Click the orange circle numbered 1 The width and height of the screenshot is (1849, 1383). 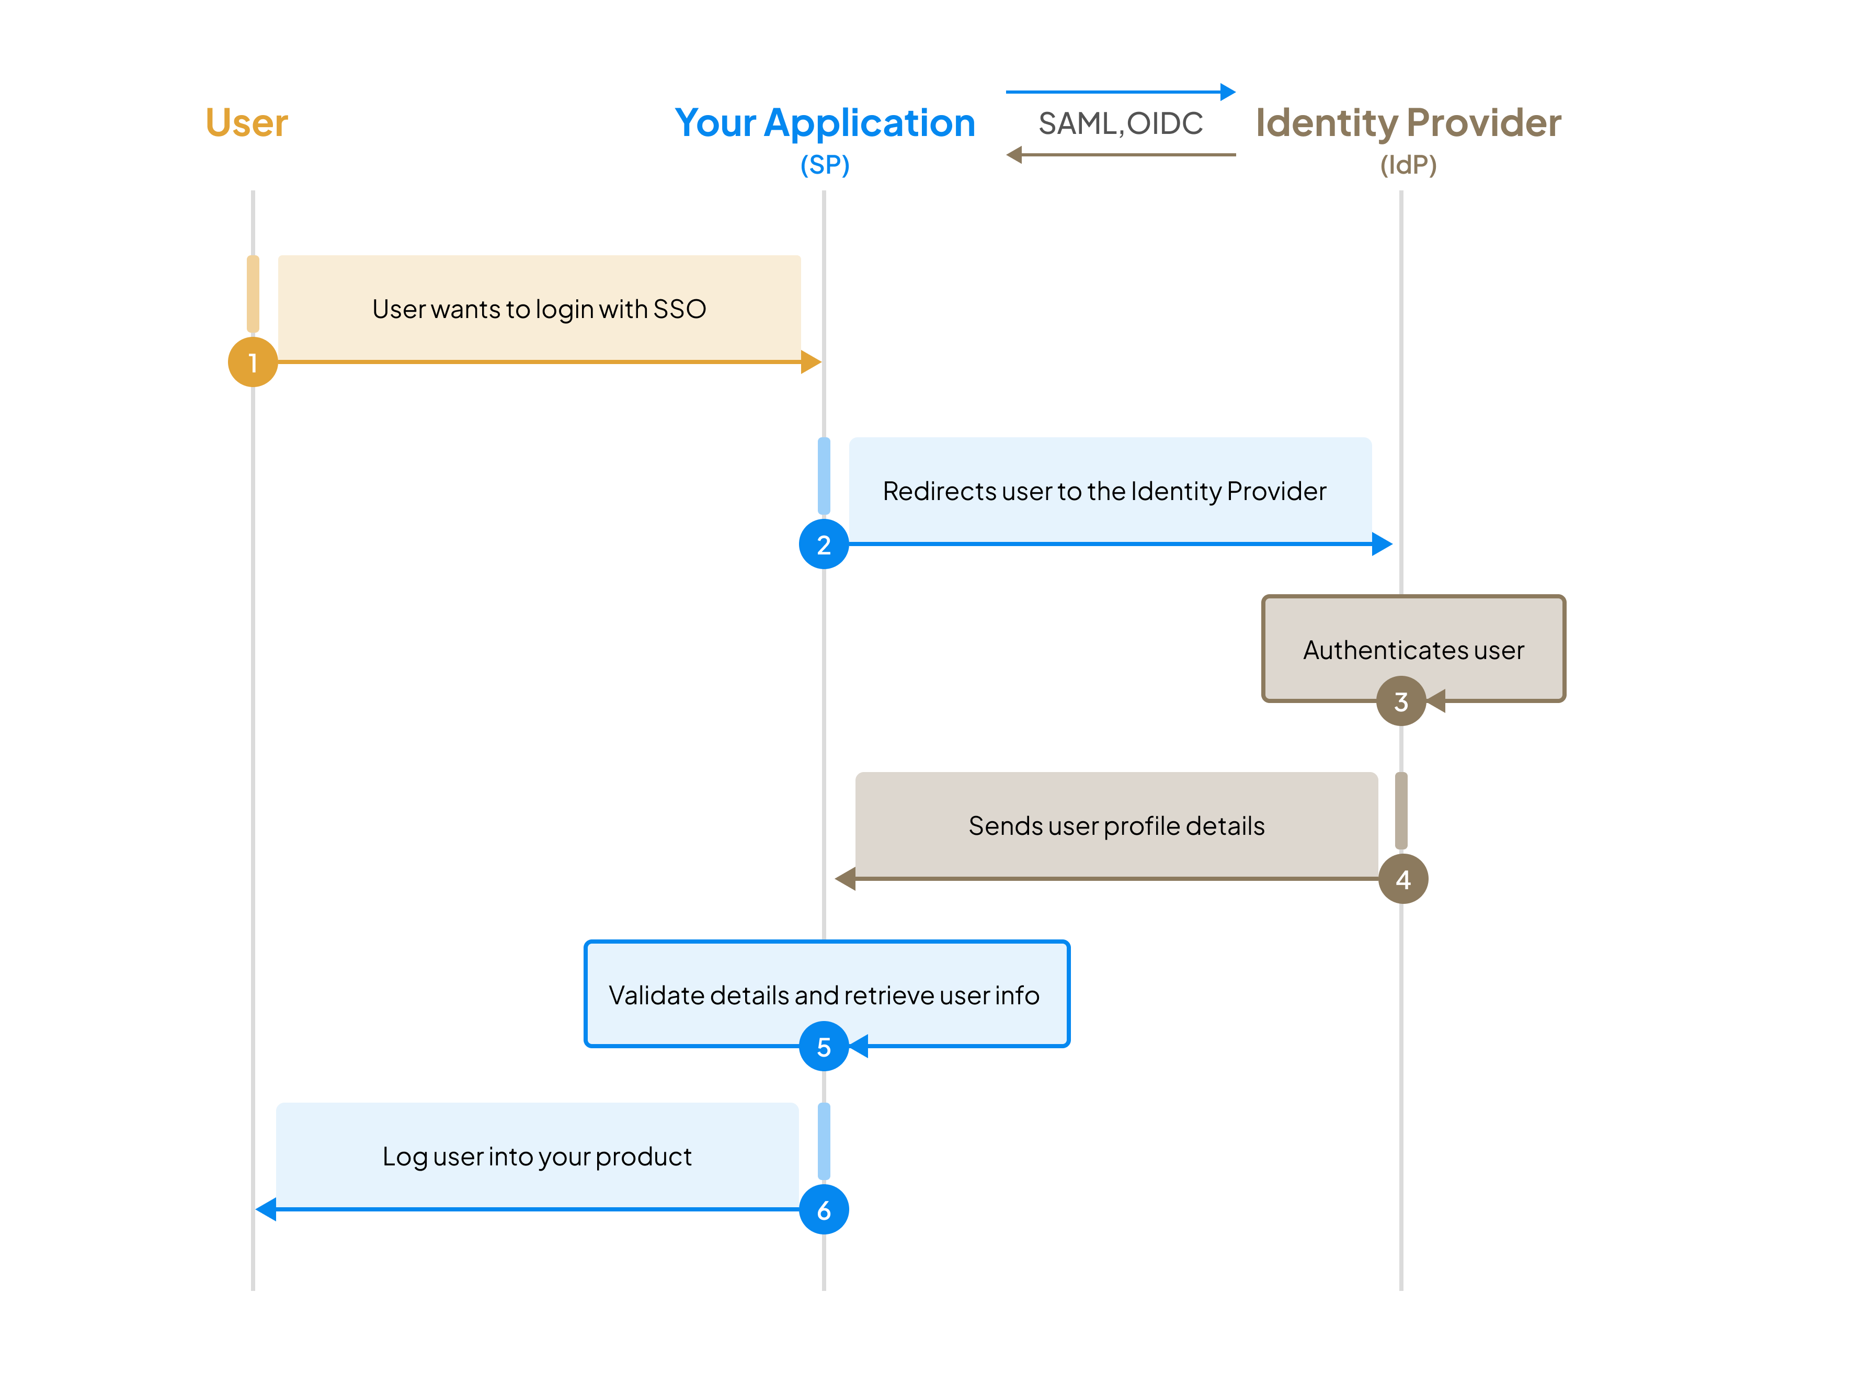coord(253,362)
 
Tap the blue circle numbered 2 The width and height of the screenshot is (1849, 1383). coord(824,545)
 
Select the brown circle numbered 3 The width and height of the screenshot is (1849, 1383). coord(1401,701)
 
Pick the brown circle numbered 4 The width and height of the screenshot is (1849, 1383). coord(1402,879)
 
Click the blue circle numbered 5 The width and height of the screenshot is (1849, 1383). coord(824,1046)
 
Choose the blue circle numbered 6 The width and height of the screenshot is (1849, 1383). coord(824,1209)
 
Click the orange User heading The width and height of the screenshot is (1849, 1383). coord(247,123)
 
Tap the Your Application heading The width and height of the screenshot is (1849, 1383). coord(825,123)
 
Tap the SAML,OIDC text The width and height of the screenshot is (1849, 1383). coord(1120,124)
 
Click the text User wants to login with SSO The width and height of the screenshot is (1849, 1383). coord(539,309)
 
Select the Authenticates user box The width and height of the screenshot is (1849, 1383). coord(1413,649)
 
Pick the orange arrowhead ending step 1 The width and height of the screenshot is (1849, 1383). coord(810,362)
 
